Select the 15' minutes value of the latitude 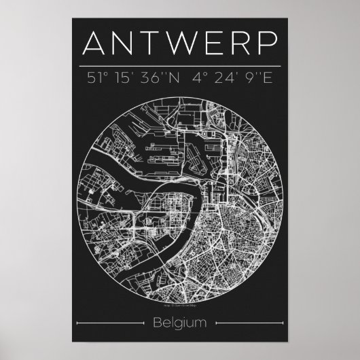[129, 78]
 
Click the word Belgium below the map [179, 322]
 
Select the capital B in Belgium [158, 321]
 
